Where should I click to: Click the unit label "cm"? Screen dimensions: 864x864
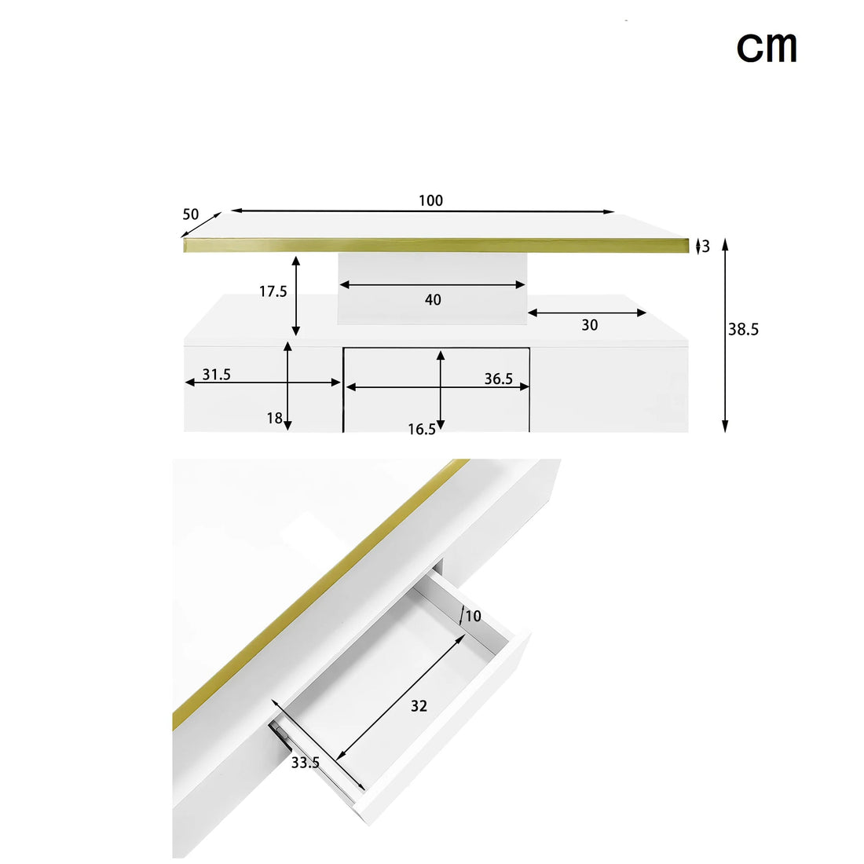[x=767, y=47]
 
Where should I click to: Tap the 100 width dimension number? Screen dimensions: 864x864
[x=430, y=200]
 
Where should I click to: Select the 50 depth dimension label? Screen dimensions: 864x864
[x=191, y=214]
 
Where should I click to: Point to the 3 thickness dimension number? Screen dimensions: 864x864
[x=706, y=247]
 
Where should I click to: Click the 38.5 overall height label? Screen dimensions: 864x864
[x=743, y=330]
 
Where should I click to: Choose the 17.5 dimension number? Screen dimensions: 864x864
[x=273, y=291]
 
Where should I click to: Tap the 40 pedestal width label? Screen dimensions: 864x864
[x=433, y=300]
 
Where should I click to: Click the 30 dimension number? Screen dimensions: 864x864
[x=590, y=325]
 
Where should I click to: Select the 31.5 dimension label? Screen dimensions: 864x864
[x=217, y=375]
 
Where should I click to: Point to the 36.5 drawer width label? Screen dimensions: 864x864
[x=498, y=379]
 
